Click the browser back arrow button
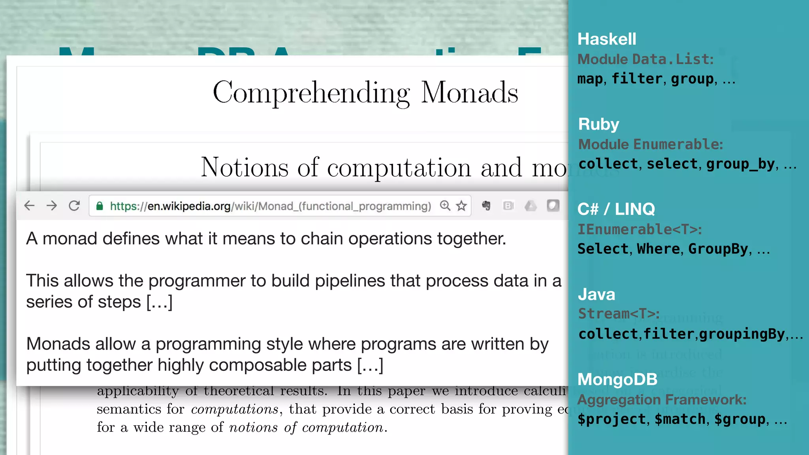[29, 205]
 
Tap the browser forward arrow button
[52, 205]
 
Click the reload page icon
[74, 205]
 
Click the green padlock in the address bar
[100, 206]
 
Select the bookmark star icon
[461, 206]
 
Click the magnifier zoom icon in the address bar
[445, 206]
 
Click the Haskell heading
[607, 39]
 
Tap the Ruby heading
[598, 124]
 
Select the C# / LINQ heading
[616, 209]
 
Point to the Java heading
[596, 294]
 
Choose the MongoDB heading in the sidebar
[617, 379]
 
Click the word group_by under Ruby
[740, 164]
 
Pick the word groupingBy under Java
[742, 334]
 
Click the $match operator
[680, 419]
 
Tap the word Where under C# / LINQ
[658, 249]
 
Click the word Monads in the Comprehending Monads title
[469, 93]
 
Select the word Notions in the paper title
[245, 167]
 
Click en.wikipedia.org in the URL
[189, 206]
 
